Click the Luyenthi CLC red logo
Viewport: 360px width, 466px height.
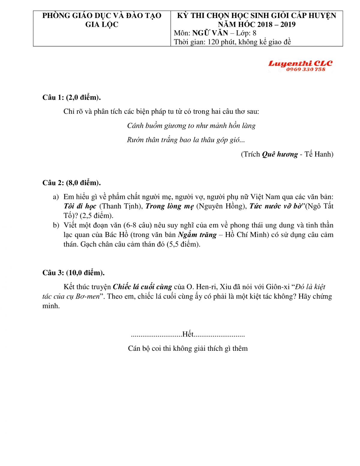[x=300, y=63]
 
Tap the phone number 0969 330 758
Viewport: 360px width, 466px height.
[x=305, y=70]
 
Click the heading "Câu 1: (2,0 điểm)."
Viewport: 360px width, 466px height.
[x=71, y=97]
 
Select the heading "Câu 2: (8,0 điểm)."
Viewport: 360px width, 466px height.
[x=71, y=183]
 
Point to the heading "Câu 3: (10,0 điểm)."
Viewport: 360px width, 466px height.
[x=73, y=273]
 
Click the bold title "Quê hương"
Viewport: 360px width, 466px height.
[x=280, y=154]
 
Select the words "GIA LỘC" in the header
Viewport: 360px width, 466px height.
[x=102, y=25]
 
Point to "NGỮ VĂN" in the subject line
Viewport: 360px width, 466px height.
[x=210, y=33]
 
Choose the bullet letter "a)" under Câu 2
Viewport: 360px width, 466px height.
[x=56, y=197]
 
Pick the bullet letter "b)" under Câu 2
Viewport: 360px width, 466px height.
[x=56, y=225]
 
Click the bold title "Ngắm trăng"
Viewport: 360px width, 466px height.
[x=197, y=235]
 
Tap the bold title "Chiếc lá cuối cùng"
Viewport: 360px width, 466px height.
[x=142, y=287]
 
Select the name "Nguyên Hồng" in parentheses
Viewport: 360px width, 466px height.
[x=221, y=206]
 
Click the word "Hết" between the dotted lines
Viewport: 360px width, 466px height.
[x=188, y=334]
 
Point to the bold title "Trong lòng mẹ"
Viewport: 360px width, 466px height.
[x=169, y=206]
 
